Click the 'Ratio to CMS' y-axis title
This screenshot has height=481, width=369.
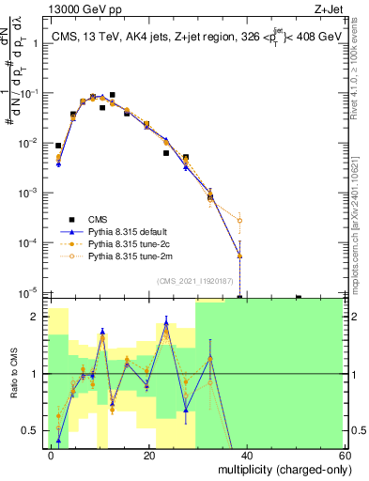pyautogui.click(x=13, y=374)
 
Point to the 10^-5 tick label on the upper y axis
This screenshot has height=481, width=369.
pyautogui.click(x=28, y=292)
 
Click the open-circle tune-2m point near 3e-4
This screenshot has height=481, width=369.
pyautogui.click(x=240, y=221)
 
